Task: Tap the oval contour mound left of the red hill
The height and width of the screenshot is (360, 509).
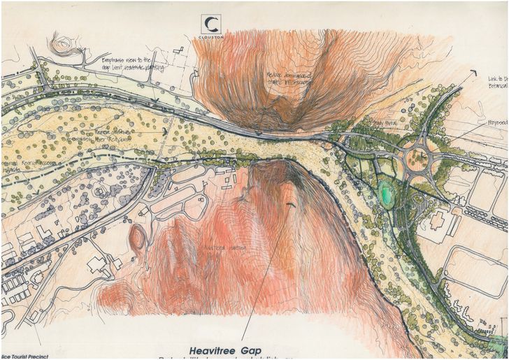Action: point(137,238)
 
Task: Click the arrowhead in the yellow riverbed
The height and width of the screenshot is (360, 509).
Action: point(165,131)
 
